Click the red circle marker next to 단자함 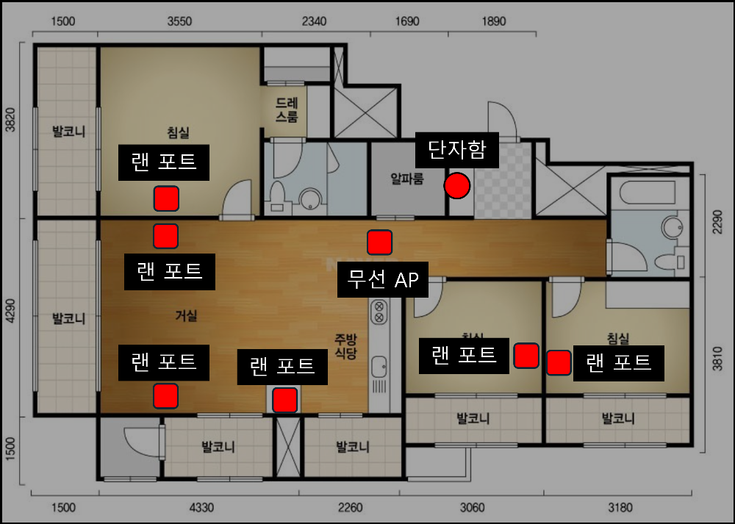[x=457, y=186]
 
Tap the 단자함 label [x=457, y=151]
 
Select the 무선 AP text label [x=382, y=279]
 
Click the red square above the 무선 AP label [x=379, y=243]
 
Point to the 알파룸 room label [x=407, y=179]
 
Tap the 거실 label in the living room [x=186, y=316]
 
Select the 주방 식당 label [x=345, y=346]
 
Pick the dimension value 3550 [x=179, y=21]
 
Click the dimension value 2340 [x=314, y=21]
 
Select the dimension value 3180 [x=620, y=507]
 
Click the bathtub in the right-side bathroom [x=647, y=194]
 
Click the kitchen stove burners [x=379, y=312]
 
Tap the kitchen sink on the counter [x=379, y=365]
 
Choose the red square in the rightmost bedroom [x=559, y=362]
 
